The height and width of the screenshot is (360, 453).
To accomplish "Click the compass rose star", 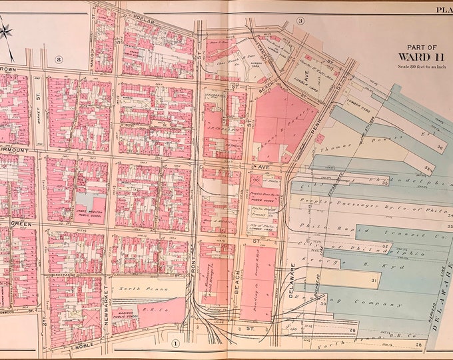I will [x=7, y=31].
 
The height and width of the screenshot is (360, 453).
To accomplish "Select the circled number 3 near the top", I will [x=300, y=21].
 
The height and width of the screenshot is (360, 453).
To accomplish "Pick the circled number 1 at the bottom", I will [x=176, y=343].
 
